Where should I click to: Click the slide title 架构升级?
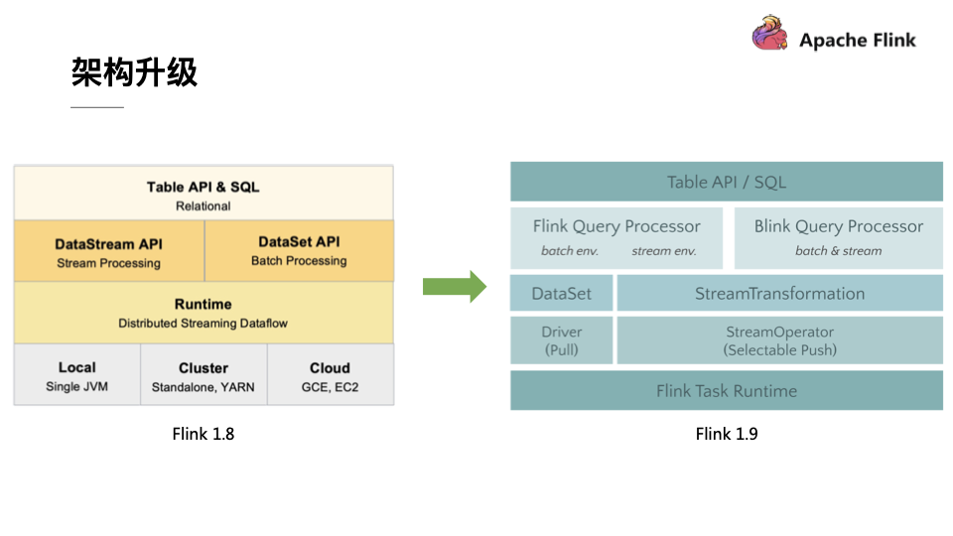[134, 71]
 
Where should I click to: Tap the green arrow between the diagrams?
[454, 287]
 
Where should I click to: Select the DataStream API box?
[109, 252]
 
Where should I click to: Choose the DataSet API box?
[299, 250]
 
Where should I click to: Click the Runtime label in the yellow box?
[203, 304]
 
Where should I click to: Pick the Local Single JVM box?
[76, 375]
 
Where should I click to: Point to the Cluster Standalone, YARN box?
[204, 375]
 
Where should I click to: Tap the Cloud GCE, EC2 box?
[330, 375]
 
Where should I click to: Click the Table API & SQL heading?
[203, 187]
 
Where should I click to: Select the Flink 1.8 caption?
[203, 434]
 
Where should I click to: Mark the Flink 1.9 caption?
[727, 434]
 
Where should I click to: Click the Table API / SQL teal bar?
[727, 182]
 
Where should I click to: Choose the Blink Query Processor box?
[839, 237]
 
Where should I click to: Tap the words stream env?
[664, 251]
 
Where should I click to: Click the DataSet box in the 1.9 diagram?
[561, 293]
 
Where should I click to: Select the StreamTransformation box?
[779, 293]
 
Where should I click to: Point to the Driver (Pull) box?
[561, 340]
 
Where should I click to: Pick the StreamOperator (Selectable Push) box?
[779, 340]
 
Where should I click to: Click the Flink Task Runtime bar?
[727, 391]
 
